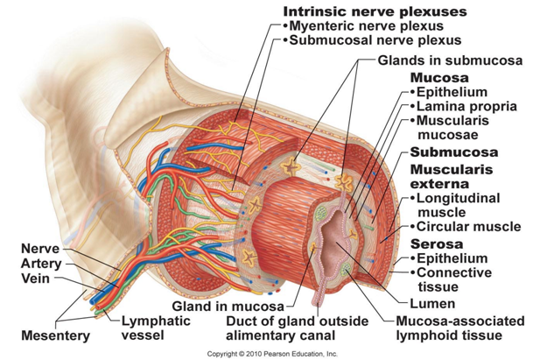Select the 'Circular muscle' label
[469, 226]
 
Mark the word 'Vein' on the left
[33, 279]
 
